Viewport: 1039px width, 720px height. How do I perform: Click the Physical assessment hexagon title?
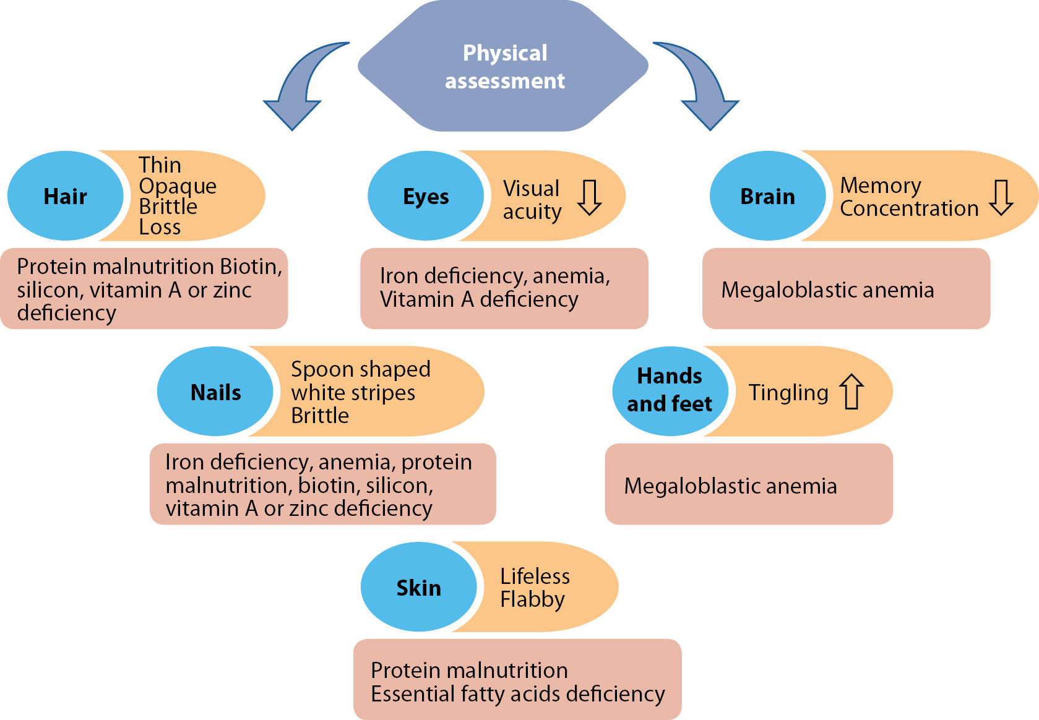[504, 66]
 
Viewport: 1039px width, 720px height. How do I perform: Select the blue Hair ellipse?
[65, 196]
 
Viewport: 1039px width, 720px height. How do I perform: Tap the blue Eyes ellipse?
[425, 196]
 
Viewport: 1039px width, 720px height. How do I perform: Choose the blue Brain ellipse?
[767, 196]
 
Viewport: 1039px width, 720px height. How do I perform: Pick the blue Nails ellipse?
[215, 392]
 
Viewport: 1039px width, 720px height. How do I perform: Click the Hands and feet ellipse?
[670, 390]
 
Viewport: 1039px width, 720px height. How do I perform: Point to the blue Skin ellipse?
[418, 587]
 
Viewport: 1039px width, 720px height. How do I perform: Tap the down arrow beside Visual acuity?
[589, 197]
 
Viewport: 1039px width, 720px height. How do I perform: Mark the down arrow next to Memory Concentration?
[1001, 197]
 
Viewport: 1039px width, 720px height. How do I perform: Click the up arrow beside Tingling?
[851, 392]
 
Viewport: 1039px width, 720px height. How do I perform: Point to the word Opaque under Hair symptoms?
[178, 186]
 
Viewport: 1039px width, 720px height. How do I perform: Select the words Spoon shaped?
[360, 369]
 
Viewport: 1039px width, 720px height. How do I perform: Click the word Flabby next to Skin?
[532, 599]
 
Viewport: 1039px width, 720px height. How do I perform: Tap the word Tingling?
[788, 393]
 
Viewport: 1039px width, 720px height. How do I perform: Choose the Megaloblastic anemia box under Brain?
[845, 289]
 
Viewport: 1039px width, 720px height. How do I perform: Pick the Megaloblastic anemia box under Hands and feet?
[748, 484]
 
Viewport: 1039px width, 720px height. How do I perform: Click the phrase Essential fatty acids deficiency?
[517, 694]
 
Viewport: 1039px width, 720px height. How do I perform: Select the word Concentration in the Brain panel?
[909, 208]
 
